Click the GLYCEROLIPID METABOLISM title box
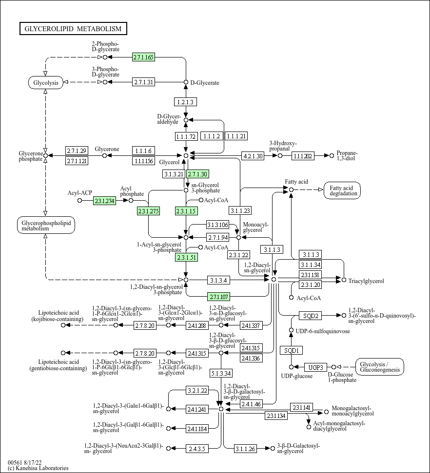coord(73,29)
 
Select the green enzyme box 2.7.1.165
coord(143,57)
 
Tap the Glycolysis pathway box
coord(45,82)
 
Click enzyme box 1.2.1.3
coord(185,102)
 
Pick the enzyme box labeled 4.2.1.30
coord(253,156)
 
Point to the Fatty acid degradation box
coord(342,190)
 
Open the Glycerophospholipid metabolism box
coord(45,225)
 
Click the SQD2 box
coord(311,316)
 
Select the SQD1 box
coord(291,350)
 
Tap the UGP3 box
coord(316,367)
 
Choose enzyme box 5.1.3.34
coord(221,374)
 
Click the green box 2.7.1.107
coord(218,297)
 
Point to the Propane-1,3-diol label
coord(347,156)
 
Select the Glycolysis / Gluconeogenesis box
coord(380,367)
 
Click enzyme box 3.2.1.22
coord(197,390)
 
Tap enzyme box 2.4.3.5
coord(197,448)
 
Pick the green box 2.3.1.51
coord(186,258)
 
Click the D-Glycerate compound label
coord(205,83)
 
